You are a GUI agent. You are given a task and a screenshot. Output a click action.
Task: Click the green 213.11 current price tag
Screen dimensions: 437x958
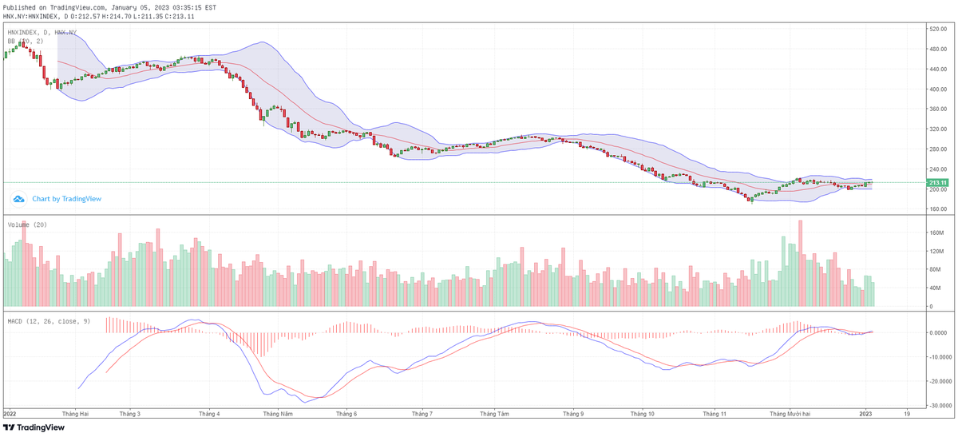point(936,183)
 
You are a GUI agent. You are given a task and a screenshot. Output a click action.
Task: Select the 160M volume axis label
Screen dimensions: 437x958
point(935,233)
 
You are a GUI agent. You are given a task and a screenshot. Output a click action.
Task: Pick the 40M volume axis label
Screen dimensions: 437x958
point(933,288)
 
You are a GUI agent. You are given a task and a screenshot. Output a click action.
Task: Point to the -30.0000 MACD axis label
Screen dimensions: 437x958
point(938,405)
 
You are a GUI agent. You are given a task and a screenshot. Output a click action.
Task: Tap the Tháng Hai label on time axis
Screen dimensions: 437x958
point(74,415)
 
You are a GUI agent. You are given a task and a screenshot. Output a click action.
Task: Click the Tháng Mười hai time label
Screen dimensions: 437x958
point(790,415)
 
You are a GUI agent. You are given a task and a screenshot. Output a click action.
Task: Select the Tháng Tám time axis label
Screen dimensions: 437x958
point(494,415)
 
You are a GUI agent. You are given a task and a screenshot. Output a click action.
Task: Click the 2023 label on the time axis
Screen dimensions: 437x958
point(865,415)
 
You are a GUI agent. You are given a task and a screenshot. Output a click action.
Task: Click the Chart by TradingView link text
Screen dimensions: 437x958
point(66,199)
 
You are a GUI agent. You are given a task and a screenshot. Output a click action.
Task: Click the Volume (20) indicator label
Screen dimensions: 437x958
point(27,224)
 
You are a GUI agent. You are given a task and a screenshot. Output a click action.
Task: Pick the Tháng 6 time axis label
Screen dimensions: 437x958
point(346,415)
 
